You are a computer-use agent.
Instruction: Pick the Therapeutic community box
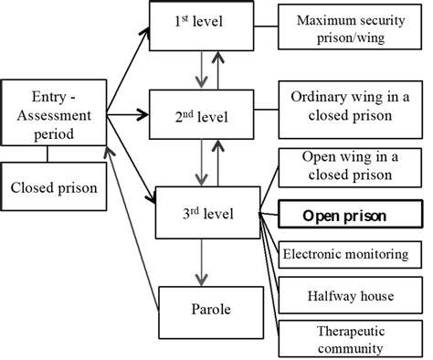pos(351,338)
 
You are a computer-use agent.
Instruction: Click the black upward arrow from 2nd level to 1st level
pos(216,70)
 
